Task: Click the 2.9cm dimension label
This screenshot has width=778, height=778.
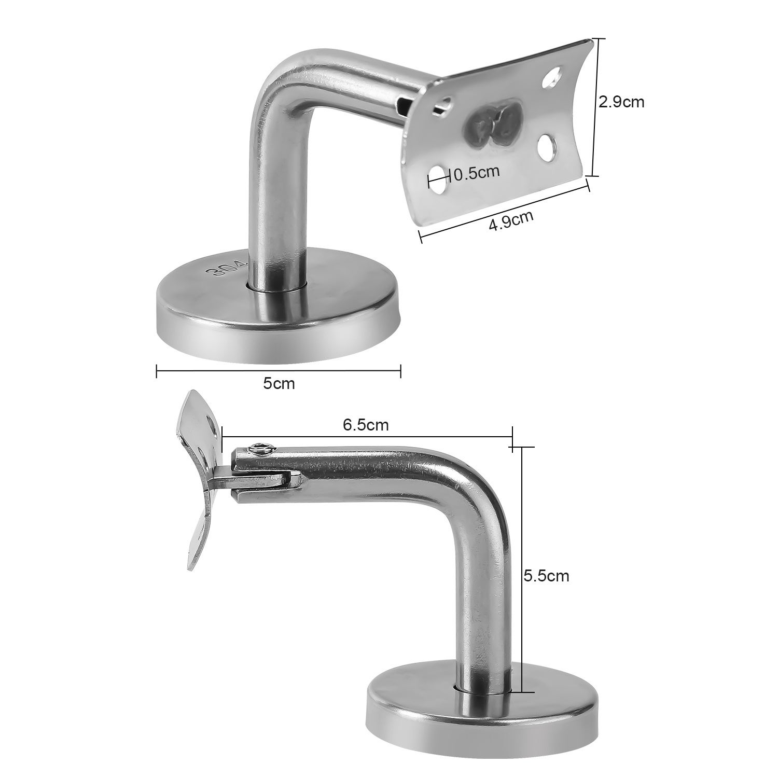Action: point(621,102)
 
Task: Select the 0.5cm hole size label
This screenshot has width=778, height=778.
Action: point(476,173)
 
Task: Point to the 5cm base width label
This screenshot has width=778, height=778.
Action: point(279,383)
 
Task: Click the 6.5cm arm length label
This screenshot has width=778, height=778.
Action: point(366,425)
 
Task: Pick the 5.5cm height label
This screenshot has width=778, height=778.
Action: point(546,576)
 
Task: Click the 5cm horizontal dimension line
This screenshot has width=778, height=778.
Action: point(279,370)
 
